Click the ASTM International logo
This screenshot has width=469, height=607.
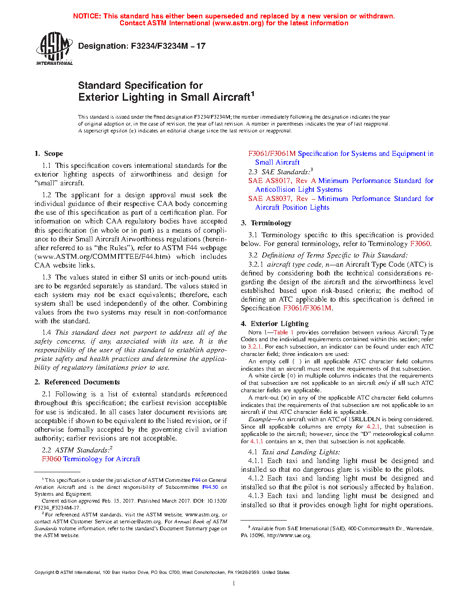click(x=54, y=48)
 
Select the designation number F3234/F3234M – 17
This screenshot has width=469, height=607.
click(x=168, y=46)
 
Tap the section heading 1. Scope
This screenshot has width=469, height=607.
click(x=49, y=154)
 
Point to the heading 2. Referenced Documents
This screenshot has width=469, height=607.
click(x=77, y=382)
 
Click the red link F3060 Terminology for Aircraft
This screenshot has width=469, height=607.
click(x=91, y=459)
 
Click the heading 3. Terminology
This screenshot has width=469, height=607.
click(x=266, y=223)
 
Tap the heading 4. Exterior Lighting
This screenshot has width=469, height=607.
click(x=275, y=324)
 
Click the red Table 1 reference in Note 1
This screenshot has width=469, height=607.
click(x=283, y=332)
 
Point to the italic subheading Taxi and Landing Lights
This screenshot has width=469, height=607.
click(x=301, y=452)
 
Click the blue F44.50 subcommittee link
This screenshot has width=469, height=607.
click(x=210, y=487)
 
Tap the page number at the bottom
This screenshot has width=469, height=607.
click(x=234, y=584)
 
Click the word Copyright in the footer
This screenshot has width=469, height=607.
click(x=45, y=573)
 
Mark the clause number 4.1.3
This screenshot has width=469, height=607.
click(x=256, y=496)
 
